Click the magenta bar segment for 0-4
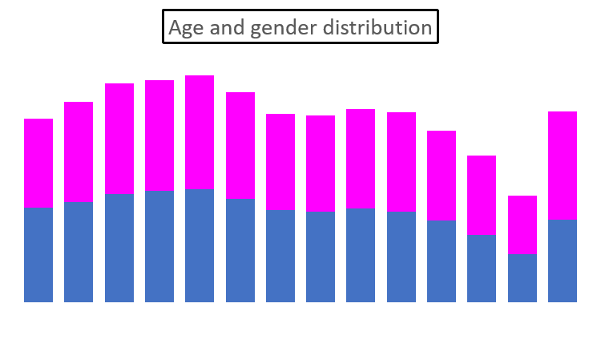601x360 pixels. (38, 164)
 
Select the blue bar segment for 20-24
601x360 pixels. (200, 245)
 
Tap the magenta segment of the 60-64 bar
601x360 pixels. (522, 225)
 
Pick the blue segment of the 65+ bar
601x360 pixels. (563, 261)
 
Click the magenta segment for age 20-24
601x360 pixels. (200, 132)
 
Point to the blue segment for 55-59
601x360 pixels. (482, 269)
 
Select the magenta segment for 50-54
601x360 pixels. (442, 176)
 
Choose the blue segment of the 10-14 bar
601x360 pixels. (119, 248)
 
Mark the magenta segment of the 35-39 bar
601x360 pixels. (321, 164)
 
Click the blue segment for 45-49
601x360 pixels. (401, 257)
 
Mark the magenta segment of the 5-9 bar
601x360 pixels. (79, 152)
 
